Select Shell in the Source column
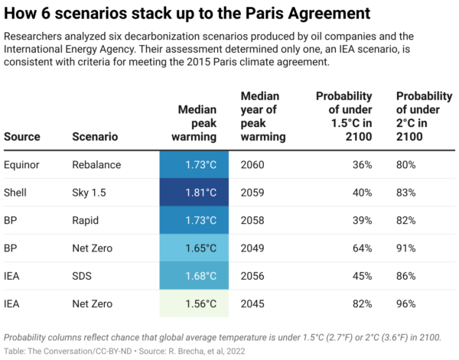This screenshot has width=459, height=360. [x=15, y=193]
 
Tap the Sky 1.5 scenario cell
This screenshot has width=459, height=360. [x=90, y=193]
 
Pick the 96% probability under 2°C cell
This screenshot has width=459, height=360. [x=407, y=303]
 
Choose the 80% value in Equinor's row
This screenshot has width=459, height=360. [x=407, y=164]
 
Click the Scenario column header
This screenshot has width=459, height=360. [x=95, y=137]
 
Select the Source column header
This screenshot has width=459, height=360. [x=22, y=137]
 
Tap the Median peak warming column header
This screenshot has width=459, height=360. [x=197, y=123]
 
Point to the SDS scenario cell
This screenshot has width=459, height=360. [x=83, y=276]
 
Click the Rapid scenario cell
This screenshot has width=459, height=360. [x=86, y=220]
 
